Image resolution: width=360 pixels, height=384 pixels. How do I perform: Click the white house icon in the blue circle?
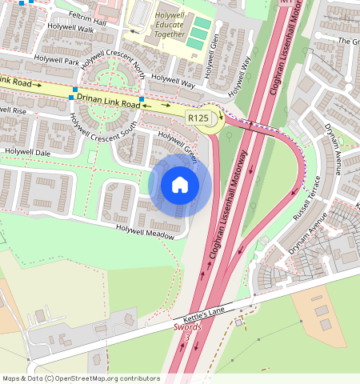click(x=180, y=185)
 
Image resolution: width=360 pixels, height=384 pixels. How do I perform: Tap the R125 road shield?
click(x=198, y=118)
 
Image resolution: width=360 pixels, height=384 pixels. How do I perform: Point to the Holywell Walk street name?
click(x=70, y=29)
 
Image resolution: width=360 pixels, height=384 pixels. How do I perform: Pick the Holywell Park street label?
click(x=56, y=61)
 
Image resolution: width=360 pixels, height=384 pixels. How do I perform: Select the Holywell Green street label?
click(x=177, y=142)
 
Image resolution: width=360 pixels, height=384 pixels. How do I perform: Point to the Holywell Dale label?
click(x=27, y=151)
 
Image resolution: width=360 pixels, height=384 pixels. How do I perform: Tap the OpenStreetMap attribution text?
click(x=81, y=378)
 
